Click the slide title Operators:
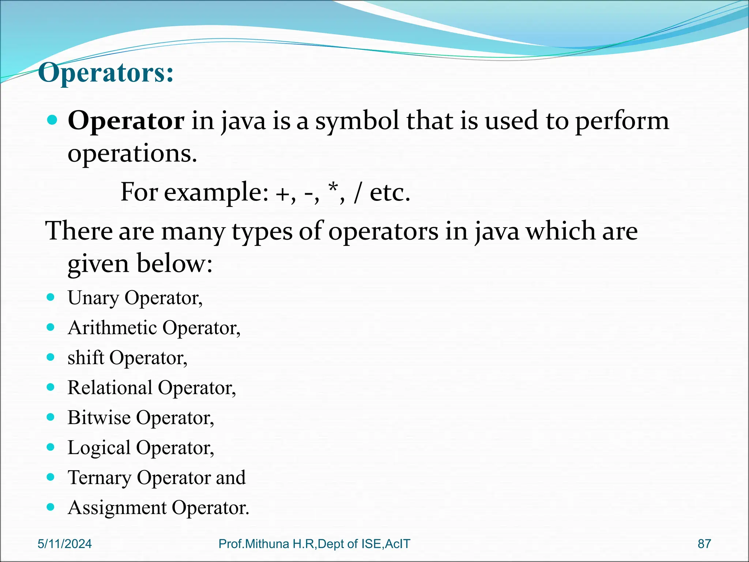click(106, 73)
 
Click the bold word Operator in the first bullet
click(126, 121)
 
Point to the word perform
click(622, 121)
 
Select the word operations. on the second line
click(132, 154)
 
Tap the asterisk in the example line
click(333, 188)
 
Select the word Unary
click(93, 298)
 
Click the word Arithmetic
click(112, 328)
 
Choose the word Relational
click(110, 387)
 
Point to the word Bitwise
click(99, 417)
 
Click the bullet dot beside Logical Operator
click(51, 447)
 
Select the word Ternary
click(99, 478)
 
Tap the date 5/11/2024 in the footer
click(65, 544)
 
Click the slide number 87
click(704, 544)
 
